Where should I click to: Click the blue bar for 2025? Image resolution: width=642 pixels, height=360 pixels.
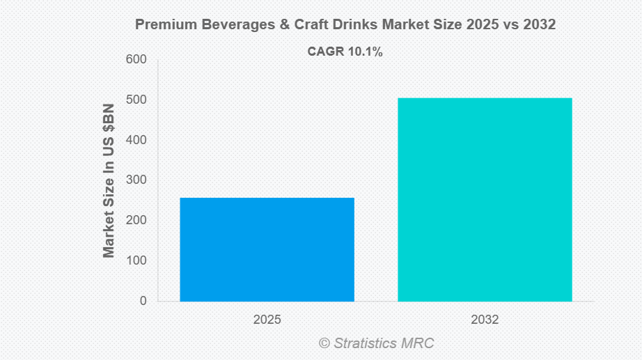(x=267, y=249)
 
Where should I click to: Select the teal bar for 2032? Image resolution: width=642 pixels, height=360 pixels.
(x=485, y=199)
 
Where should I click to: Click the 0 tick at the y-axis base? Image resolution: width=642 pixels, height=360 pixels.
(x=143, y=301)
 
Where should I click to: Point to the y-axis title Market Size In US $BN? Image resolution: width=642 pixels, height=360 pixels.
(x=109, y=181)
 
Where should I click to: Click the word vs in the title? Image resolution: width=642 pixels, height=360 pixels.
(x=507, y=24)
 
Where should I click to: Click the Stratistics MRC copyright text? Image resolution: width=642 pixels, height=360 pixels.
(x=376, y=343)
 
